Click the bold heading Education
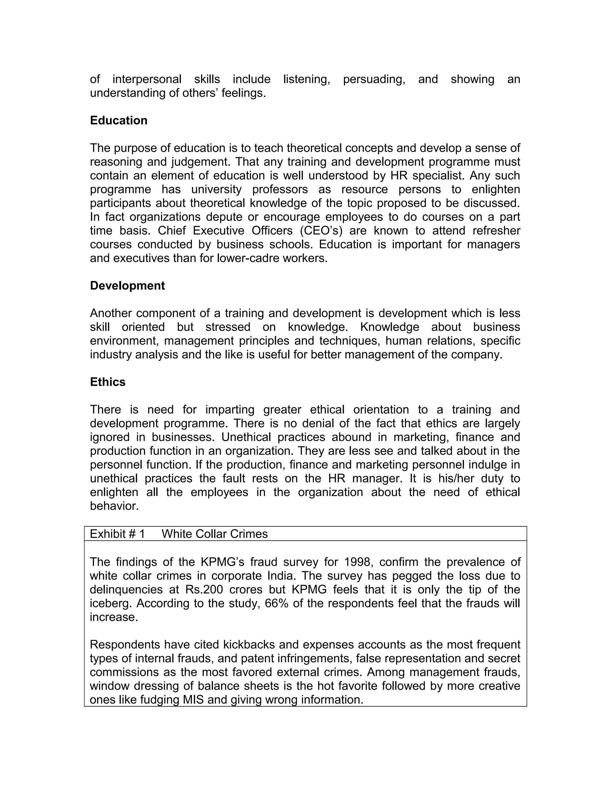pos(118,120)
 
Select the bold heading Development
pos(127,286)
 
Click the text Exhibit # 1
pos(117,534)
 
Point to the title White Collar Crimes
pos(214,534)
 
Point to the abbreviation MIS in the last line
pos(193,700)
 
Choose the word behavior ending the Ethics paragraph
pos(114,506)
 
